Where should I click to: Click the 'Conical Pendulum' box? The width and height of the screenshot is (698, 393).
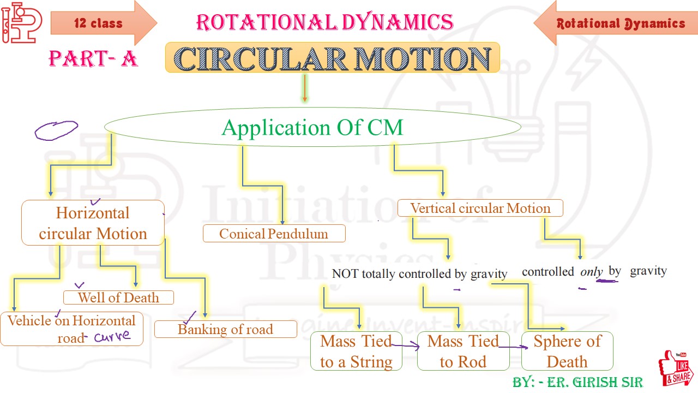pos(274,234)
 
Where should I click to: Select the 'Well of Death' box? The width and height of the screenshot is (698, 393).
pos(118,297)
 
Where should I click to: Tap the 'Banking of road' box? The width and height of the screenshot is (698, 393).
pos(225,329)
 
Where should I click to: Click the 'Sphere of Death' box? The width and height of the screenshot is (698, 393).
pos(567,351)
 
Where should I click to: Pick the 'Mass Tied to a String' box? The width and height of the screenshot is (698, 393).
pos(356,351)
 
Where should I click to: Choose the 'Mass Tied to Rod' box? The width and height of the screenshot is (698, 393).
pos(463,351)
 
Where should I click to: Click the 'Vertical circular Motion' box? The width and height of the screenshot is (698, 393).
pos(480,208)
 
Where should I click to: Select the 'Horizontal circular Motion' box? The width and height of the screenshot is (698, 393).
pos(93,223)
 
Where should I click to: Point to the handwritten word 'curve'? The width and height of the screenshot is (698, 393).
pos(112,336)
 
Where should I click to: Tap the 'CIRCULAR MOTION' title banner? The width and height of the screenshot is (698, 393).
pos(332,58)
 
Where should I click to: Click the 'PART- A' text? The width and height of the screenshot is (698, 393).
pos(93,58)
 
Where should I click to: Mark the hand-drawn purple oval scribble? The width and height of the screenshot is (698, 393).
pos(56,130)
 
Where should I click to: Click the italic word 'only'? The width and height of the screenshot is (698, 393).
pos(591,271)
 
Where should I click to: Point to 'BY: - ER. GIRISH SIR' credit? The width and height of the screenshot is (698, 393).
pos(577,382)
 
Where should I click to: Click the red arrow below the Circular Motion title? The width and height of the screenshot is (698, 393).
pos(305,88)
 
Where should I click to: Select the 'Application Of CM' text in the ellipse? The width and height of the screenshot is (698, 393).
pos(312,128)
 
